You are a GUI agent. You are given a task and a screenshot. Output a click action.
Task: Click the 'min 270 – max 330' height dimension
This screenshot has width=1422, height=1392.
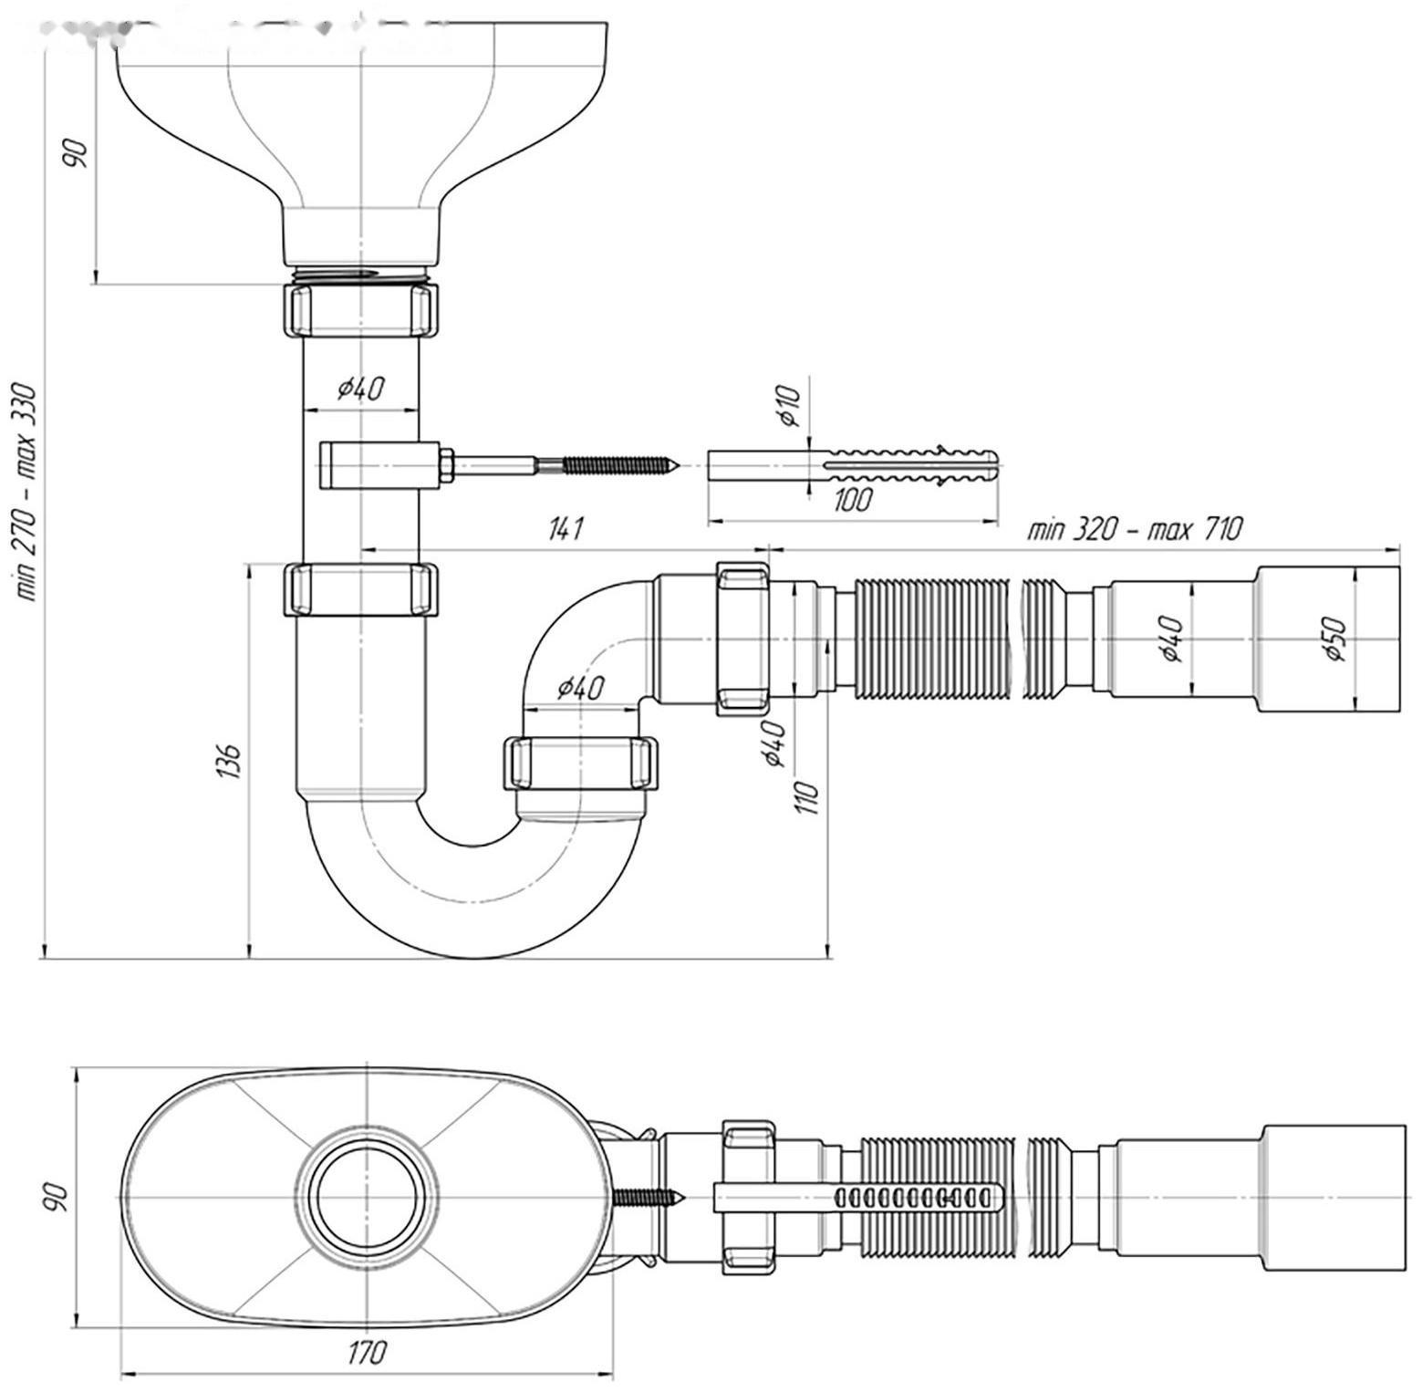(27, 493)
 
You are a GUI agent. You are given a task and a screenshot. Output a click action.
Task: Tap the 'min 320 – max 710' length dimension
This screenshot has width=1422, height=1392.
(1135, 529)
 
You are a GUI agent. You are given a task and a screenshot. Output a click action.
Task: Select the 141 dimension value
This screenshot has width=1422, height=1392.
(566, 529)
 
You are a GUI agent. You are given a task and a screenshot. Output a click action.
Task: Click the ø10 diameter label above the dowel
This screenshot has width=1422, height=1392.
(789, 406)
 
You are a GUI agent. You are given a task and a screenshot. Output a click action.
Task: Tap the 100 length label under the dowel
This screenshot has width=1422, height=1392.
(852, 500)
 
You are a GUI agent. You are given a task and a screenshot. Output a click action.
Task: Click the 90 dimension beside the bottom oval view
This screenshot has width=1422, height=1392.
(57, 1196)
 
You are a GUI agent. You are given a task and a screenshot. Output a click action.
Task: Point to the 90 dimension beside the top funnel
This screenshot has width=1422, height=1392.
(77, 151)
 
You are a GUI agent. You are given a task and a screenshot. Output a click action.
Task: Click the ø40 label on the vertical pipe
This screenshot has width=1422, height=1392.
(361, 389)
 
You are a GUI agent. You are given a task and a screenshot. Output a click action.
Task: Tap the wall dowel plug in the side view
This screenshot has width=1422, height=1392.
(854, 467)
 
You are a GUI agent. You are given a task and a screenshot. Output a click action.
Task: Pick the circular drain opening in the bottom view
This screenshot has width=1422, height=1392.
(369, 1195)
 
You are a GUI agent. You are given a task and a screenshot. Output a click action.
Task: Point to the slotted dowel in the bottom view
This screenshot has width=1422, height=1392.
(857, 1197)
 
